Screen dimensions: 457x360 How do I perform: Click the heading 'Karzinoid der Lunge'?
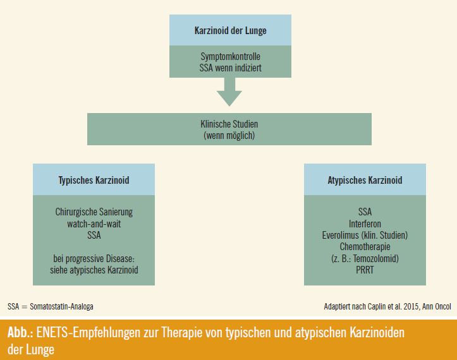point(230,30)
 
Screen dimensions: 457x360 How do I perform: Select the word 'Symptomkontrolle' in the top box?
point(230,56)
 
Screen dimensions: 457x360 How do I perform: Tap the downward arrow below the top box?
point(229,92)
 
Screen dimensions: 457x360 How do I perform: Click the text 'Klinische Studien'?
point(229,124)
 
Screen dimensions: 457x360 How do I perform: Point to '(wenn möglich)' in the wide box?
point(229,135)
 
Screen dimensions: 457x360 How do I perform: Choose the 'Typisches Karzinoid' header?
point(94,180)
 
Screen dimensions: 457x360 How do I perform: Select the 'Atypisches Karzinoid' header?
point(365,180)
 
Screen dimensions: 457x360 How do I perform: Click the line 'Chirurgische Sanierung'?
point(94,212)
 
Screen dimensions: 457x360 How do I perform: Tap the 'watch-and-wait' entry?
point(94,224)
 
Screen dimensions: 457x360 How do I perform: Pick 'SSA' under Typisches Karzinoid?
point(94,236)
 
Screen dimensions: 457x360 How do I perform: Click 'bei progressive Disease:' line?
point(94,259)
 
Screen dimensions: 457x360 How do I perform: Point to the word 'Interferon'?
point(365,224)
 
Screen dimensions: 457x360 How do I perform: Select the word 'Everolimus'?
point(340,236)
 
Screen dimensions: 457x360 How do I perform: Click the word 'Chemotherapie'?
point(365,247)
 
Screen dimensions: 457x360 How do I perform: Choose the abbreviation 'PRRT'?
point(365,270)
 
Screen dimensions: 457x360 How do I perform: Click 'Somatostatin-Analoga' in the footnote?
point(61,307)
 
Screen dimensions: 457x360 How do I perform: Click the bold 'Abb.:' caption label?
point(20,333)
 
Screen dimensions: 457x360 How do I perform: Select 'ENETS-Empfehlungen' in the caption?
point(88,333)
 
